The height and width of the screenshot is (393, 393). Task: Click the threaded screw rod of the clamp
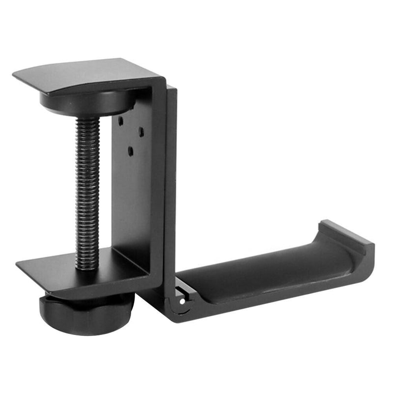[87, 192]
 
